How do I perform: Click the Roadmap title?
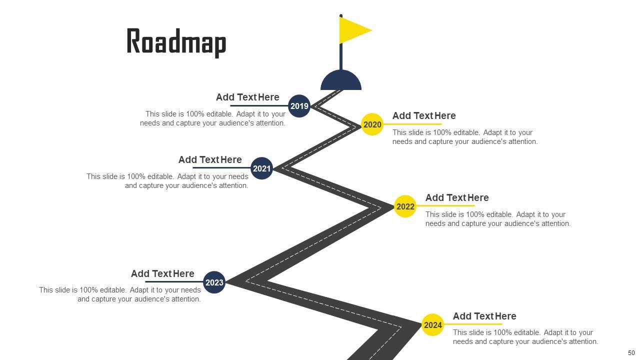click(176, 42)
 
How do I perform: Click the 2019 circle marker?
click(299, 106)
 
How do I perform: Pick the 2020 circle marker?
click(372, 124)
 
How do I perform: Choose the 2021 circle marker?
click(261, 168)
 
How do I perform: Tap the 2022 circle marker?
click(405, 206)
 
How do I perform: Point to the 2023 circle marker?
click(214, 282)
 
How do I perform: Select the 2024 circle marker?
click(432, 325)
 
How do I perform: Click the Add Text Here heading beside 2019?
click(247, 97)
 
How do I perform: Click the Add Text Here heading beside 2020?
click(424, 115)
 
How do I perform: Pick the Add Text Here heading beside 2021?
click(210, 159)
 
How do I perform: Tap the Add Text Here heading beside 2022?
click(457, 197)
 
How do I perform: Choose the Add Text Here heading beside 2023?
click(162, 273)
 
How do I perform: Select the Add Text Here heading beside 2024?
click(484, 316)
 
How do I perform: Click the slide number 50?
click(631, 353)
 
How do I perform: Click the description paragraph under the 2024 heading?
click(525, 337)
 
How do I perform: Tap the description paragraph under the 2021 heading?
click(167, 181)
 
